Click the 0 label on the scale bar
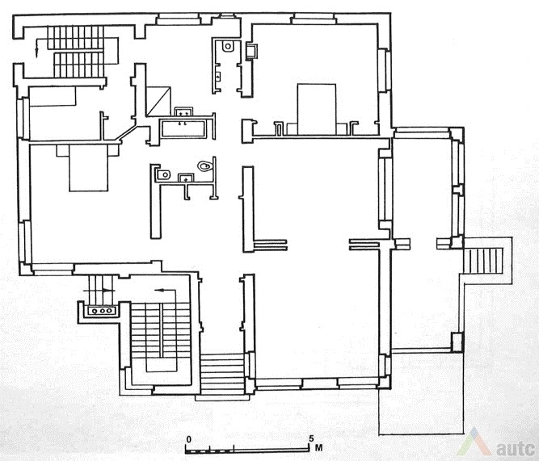pyautogui.click(x=188, y=439)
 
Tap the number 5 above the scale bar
pyautogui.click(x=311, y=438)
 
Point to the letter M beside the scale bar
pyautogui.click(x=318, y=448)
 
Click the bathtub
pyautogui.click(x=184, y=128)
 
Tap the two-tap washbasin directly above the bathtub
pyautogui.click(x=183, y=111)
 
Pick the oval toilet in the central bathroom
pyautogui.click(x=205, y=166)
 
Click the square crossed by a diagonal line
pyautogui.click(x=158, y=102)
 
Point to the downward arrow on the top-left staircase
pyautogui.click(x=36, y=48)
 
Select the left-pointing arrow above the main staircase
pyautogui.click(x=165, y=291)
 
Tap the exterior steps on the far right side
pyautogui.click(x=483, y=260)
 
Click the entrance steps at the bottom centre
pyautogui.click(x=222, y=374)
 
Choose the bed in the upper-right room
pyautogui.click(x=316, y=109)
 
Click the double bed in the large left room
pyautogui.click(x=89, y=168)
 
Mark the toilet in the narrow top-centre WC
pyautogui.click(x=228, y=46)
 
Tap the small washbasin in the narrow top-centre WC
pyautogui.click(x=218, y=76)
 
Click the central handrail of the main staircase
pyautogui.click(x=161, y=329)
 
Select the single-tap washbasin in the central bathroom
pyautogui.click(x=186, y=178)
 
